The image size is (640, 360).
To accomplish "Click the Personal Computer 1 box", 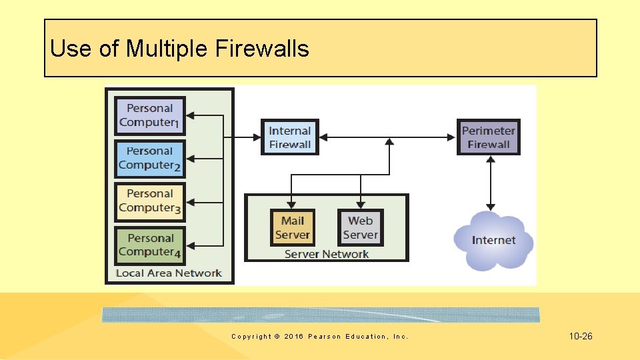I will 150,115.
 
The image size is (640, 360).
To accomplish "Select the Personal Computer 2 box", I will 150,159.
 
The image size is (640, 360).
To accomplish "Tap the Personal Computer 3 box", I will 150,201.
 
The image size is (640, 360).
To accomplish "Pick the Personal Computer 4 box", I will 150,245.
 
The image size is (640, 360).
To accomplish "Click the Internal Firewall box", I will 290,137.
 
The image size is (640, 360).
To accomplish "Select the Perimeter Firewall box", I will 489,137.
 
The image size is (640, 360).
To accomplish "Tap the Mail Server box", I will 293,227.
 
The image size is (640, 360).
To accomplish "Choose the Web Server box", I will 360,227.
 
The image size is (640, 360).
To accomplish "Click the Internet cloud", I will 493,241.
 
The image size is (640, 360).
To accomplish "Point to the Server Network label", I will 326,254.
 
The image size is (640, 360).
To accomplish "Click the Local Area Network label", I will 169,273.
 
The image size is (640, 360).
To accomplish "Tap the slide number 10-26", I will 581,337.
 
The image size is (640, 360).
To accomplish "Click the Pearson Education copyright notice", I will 319,337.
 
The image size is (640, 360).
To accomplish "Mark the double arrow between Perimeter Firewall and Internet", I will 491,183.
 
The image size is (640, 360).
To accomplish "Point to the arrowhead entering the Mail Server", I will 292,205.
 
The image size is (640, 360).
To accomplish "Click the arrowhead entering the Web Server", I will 361,205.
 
